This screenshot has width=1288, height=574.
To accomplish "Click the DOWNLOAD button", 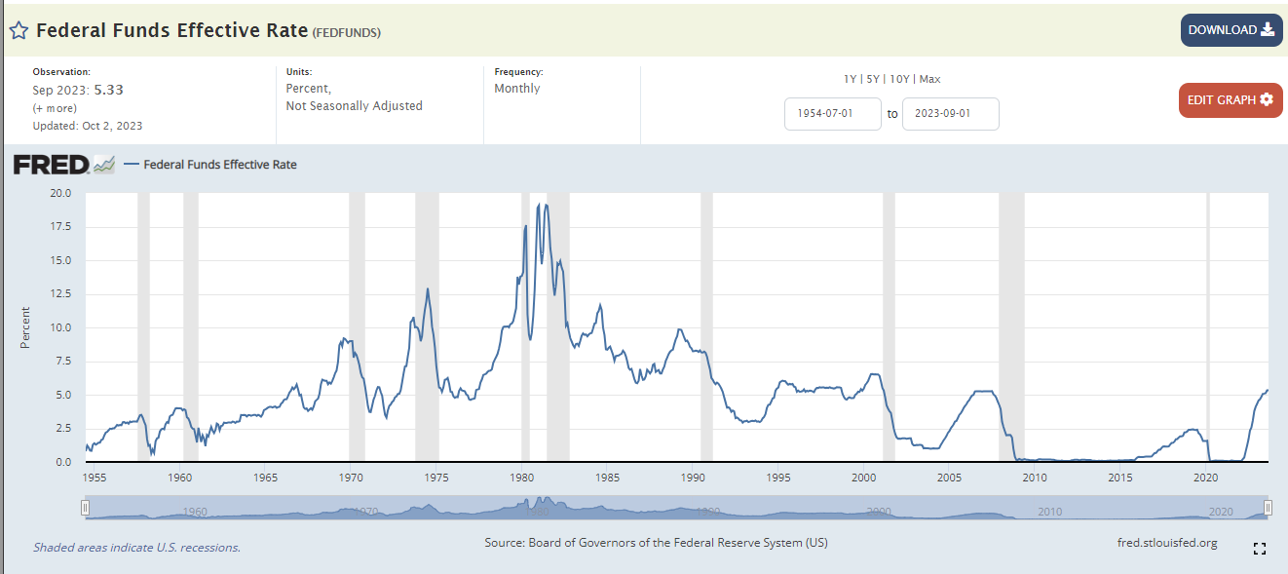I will click(1231, 30).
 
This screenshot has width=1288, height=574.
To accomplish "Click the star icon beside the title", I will click(19, 30).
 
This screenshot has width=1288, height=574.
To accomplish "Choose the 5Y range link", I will click(874, 79).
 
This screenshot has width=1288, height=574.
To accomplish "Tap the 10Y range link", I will click(899, 79).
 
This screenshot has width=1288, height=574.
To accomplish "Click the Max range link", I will click(929, 79).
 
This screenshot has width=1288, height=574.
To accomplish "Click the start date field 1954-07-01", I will click(832, 114).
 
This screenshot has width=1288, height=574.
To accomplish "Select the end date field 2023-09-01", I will click(950, 114).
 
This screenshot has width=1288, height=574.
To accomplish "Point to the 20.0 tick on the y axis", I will click(60, 193).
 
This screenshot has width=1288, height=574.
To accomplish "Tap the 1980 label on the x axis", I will click(522, 478).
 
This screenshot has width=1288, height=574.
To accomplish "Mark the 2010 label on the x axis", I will click(1035, 478).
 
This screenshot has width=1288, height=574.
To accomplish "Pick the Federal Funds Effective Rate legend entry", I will click(219, 165).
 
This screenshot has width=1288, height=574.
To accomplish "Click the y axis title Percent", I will click(26, 327).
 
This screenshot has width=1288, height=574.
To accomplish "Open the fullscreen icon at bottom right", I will click(1259, 549).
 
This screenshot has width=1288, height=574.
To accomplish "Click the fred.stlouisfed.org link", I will click(1167, 543).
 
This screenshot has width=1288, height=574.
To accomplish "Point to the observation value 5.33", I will click(108, 90).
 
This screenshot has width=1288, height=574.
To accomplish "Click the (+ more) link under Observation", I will click(55, 107).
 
